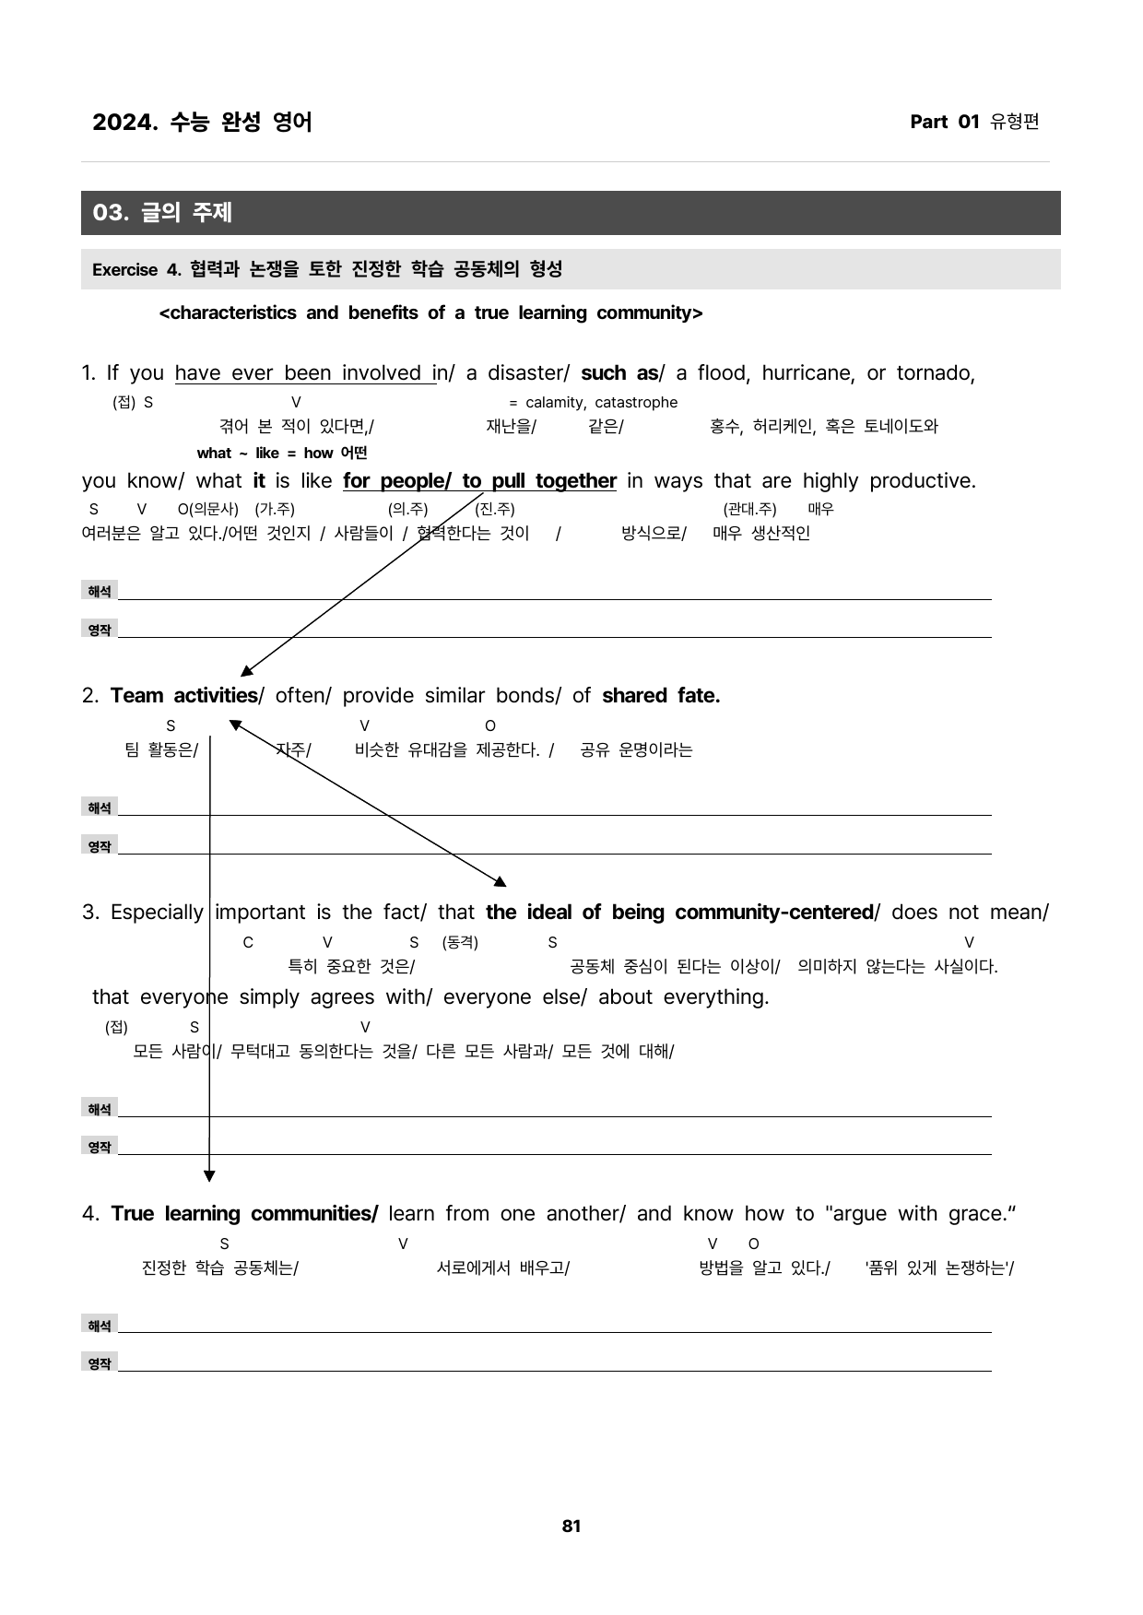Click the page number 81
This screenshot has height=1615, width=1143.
pyautogui.click(x=571, y=1526)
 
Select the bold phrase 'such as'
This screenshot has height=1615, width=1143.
pyautogui.click(x=619, y=373)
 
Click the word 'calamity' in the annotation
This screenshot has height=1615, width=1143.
pyautogui.click(x=555, y=403)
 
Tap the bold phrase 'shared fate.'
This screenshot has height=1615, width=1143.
pyautogui.click(x=661, y=696)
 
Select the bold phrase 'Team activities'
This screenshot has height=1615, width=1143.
pyautogui.click(x=183, y=696)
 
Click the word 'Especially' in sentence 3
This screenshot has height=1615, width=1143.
pyautogui.click(x=157, y=913)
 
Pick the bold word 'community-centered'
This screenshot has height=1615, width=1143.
pyautogui.click(x=774, y=913)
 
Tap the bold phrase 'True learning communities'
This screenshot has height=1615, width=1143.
pyautogui.click(x=244, y=1214)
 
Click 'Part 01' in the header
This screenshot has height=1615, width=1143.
pyautogui.click(x=944, y=122)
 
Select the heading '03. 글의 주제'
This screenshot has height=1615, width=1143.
pyautogui.click(x=162, y=213)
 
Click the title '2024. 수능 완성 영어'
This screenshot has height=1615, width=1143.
pyautogui.click(x=202, y=122)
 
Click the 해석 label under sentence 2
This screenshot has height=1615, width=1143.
pyautogui.click(x=100, y=808)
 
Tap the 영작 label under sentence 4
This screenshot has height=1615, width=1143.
pyautogui.click(x=100, y=1364)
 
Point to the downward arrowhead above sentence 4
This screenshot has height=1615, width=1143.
pyautogui.click(x=209, y=1175)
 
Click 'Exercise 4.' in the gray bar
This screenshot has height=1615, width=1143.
pyautogui.click(x=137, y=270)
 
